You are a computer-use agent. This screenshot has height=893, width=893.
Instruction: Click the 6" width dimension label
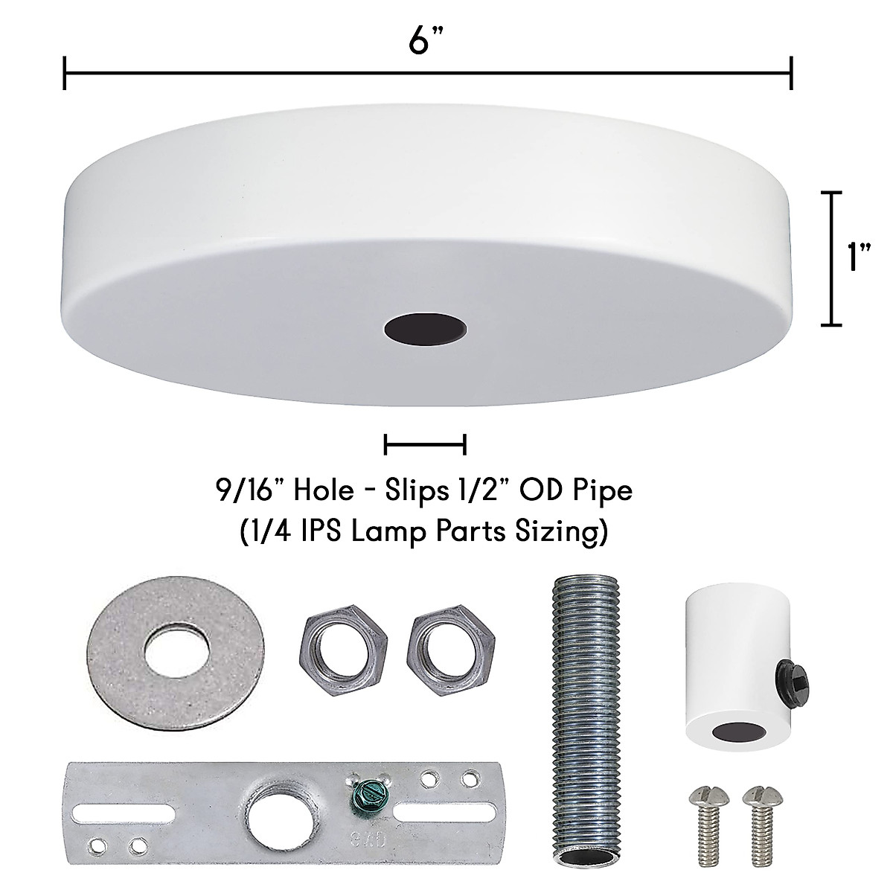421,41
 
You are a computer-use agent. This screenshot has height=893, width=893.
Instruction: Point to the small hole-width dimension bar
425,445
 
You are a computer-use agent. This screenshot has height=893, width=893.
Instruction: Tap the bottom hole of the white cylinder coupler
732,734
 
